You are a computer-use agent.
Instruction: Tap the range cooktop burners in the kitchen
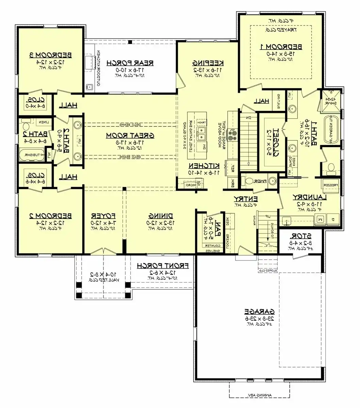pos(233,135)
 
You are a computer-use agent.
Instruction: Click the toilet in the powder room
pos(249,180)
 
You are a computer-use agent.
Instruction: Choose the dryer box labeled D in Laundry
pos(333,219)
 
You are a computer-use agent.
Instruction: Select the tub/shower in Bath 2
pos(31,155)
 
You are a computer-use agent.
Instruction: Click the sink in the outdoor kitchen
pos(89,87)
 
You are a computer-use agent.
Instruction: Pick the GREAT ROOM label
pos(130,135)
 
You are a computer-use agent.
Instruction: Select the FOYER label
pos(103,216)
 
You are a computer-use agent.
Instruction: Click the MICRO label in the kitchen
pos(190,185)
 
